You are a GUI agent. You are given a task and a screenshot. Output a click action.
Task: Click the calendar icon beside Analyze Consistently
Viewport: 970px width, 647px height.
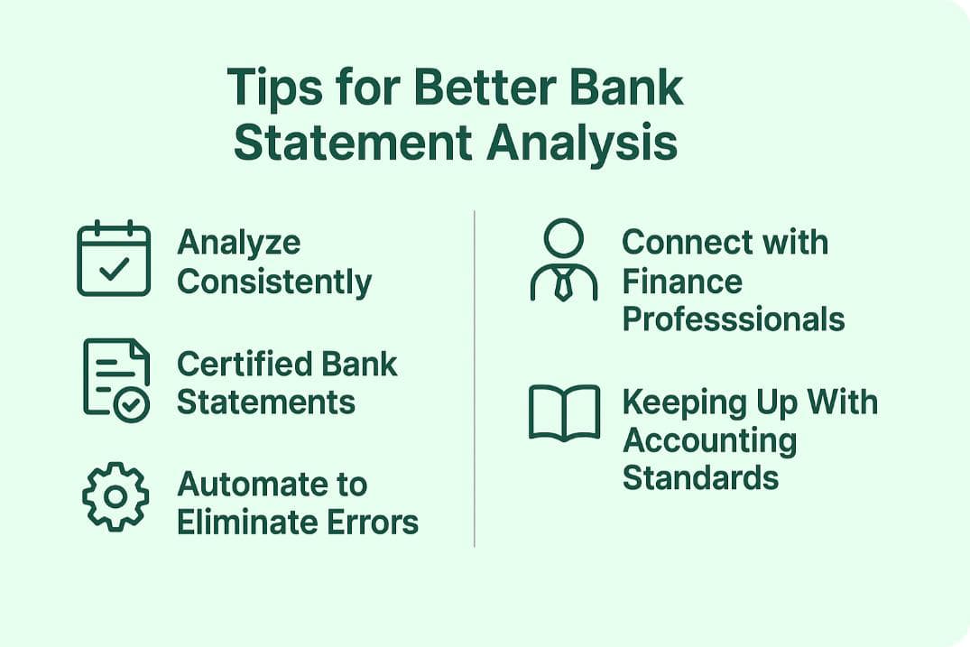(x=114, y=258)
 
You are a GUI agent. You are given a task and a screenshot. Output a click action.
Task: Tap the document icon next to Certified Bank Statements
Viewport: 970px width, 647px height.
(x=116, y=379)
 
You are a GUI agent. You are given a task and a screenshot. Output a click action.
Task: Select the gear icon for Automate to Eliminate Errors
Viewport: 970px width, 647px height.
(x=115, y=496)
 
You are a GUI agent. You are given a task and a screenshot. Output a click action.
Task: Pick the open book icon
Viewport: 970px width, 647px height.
(x=564, y=413)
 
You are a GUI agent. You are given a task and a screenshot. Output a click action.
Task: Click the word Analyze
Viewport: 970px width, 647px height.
(x=239, y=243)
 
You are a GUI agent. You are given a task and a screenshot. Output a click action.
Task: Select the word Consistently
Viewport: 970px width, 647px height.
(x=274, y=282)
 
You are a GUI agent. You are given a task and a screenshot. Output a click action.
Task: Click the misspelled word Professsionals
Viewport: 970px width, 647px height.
(x=734, y=319)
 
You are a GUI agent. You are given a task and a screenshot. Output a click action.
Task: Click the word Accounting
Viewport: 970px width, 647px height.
(x=710, y=440)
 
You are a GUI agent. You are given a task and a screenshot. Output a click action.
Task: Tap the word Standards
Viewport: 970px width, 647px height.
(x=700, y=477)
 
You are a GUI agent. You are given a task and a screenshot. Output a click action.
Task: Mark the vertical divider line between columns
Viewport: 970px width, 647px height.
(x=475, y=379)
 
